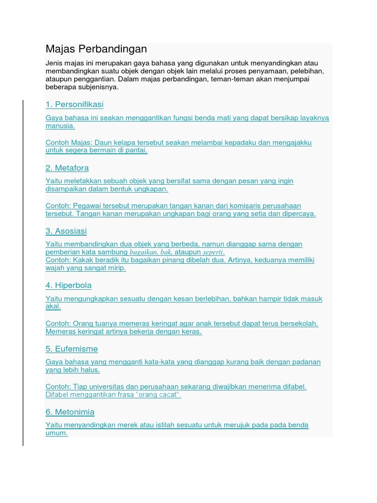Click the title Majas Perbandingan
(96, 50)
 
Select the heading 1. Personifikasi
(75, 105)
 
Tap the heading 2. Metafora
(67, 168)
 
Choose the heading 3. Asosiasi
(66, 231)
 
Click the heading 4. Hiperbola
(69, 285)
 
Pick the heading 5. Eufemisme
(72, 349)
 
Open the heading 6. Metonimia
(70, 412)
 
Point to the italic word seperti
(214, 252)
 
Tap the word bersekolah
(296, 323)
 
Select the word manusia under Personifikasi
(60, 126)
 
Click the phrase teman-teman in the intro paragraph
(232, 79)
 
